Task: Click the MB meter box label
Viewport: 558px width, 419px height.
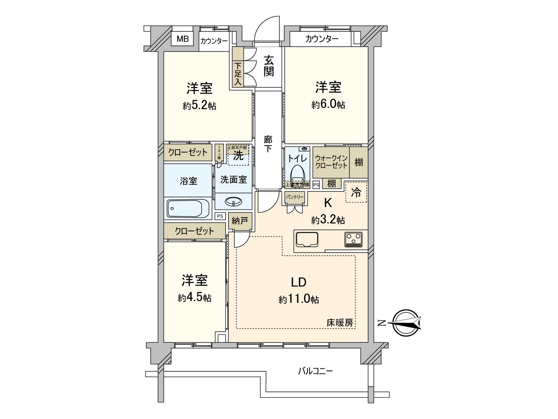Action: pyautogui.click(x=182, y=39)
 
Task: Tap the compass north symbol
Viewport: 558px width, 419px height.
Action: pyautogui.click(x=405, y=323)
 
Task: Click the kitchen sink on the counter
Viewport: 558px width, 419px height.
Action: pyautogui.click(x=307, y=240)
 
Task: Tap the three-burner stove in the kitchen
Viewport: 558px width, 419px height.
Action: pyautogui.click(x=354, y=240)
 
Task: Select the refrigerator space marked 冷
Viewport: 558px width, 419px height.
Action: pyautogui.click(x=356, y=192)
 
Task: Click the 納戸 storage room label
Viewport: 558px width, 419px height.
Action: pyautogui.click(x=240, y=221)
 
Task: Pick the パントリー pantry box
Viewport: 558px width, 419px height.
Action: pyautogui.click(x=295, y=197)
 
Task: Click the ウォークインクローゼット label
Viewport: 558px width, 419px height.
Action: pyautogui.click(x=331, y=162)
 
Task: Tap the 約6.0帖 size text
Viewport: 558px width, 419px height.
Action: pyautogui.click(x=328, y=104)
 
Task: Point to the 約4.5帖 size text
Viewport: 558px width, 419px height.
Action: pyautogui.click(x=194, y=298)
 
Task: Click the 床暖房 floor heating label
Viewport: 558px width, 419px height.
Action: pyautogui.click(x=340, y=323)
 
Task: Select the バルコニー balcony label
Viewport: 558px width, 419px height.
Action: pyautogui.click(x=315, y=370)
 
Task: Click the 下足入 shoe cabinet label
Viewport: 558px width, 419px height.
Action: pyautogui.click(x=238, y=74)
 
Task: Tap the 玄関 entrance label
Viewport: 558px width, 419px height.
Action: pyautogui.click(x=268, y=66)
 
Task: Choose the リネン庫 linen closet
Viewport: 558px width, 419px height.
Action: pyautogui.click(x=219, y=153)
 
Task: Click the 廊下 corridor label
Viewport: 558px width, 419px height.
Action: pyautogui.click(x=268, y=144)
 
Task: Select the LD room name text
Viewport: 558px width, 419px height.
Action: pyautogui.click(x=299, y=282)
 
